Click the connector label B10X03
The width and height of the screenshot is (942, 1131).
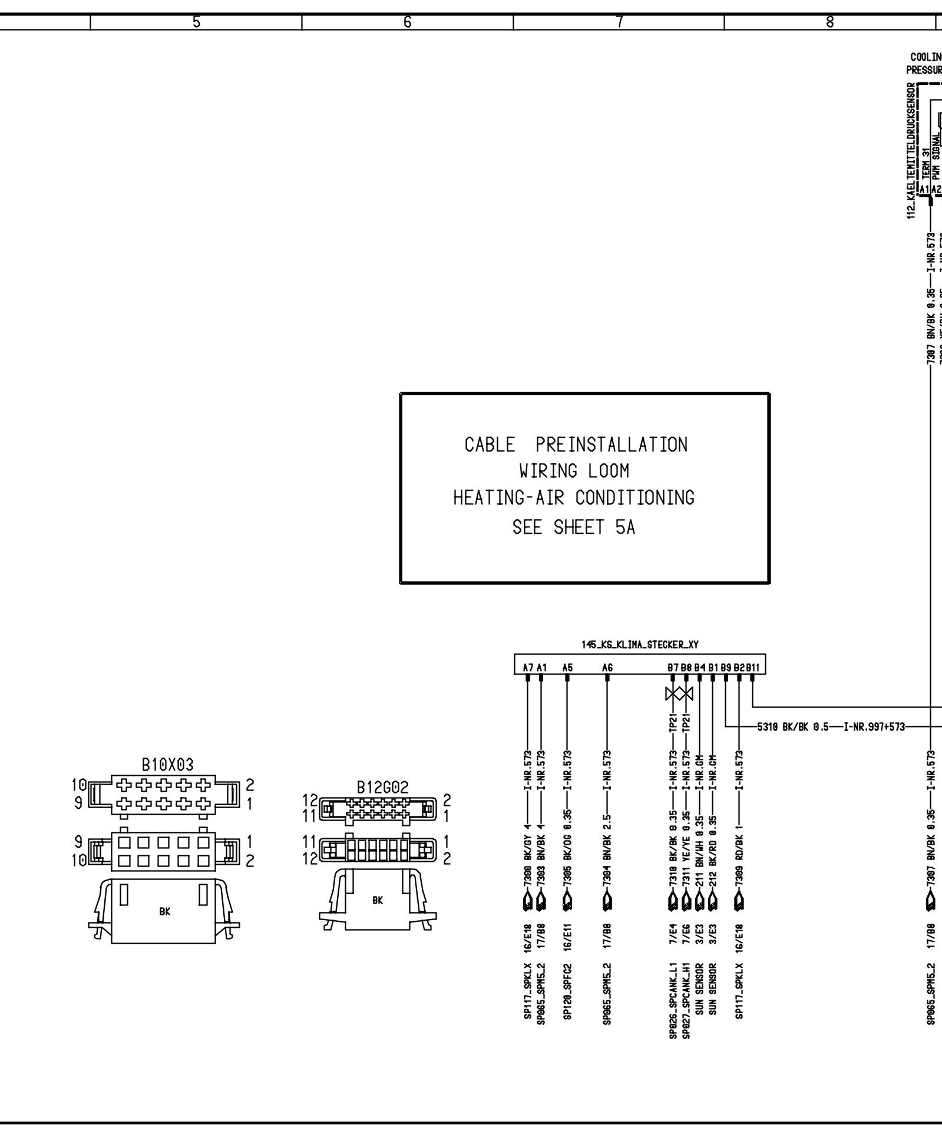(167, 765)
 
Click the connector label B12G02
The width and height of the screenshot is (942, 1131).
(382, 788)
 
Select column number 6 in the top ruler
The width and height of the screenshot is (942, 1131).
(407, 22)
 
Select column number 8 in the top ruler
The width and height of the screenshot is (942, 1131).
(829, 22)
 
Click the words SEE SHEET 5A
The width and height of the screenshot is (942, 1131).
(574, 527)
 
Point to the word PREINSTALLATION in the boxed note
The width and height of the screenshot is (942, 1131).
(612, 444)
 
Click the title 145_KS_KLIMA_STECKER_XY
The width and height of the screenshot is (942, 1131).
(640, 645)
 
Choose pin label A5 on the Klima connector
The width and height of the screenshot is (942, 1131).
(567, 667)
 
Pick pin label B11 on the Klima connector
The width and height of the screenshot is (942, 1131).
(753, 667)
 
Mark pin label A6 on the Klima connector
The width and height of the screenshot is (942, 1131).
(607, 667)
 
